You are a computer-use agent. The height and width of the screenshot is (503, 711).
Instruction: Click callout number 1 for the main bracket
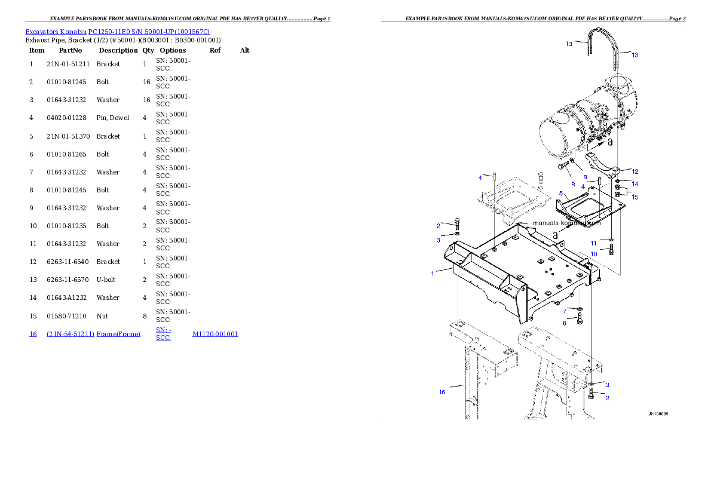pyautogui.click(x=433, y=274)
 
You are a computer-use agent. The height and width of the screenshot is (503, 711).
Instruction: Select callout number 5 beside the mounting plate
pyautogui.click(x=561, y=193)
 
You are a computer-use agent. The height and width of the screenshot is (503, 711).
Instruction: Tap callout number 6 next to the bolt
pyautogui.click(x=564, y=323)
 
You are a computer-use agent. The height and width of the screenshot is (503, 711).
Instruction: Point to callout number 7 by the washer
pyautogui.click(x=564, y=311)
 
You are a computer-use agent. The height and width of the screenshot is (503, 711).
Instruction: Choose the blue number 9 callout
pyautogui.click(x=586, y=177)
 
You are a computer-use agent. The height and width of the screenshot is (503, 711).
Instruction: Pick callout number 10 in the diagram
pyautogui.click(x=593, y=254)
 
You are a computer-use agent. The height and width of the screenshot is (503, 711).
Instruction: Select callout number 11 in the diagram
pyautogui.click(x=593, y=243)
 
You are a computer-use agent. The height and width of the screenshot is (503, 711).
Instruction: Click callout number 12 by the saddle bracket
pyautogui.click(x=635, y=171)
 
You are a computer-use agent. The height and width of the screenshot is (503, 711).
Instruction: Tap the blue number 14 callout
pyautogui.click(x=635, y=184)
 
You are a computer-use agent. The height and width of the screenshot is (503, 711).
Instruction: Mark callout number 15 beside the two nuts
pyautogui.click(x=635, y=197)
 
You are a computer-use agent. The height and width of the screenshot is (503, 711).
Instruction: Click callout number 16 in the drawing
pyautogui.click(x=442, y=392)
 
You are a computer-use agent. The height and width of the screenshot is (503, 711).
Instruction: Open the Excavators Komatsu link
pyautogui.click(x=56, y=32)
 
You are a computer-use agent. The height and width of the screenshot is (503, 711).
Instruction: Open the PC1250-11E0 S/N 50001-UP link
pyautogui.click(x=149, y=32)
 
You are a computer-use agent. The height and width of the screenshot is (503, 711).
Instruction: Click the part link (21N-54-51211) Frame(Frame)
pyautogui.click(x=93, y=334)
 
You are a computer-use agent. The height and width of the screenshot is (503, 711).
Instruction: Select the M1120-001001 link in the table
pyautogui.click(x=215, y=334)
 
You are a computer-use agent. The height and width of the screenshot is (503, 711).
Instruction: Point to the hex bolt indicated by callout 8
pyautogui.click(x=562, y=166)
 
